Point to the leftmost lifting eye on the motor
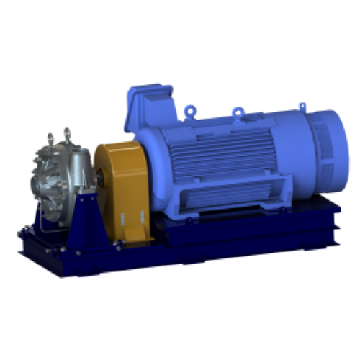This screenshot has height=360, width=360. (x=188, y=109)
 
